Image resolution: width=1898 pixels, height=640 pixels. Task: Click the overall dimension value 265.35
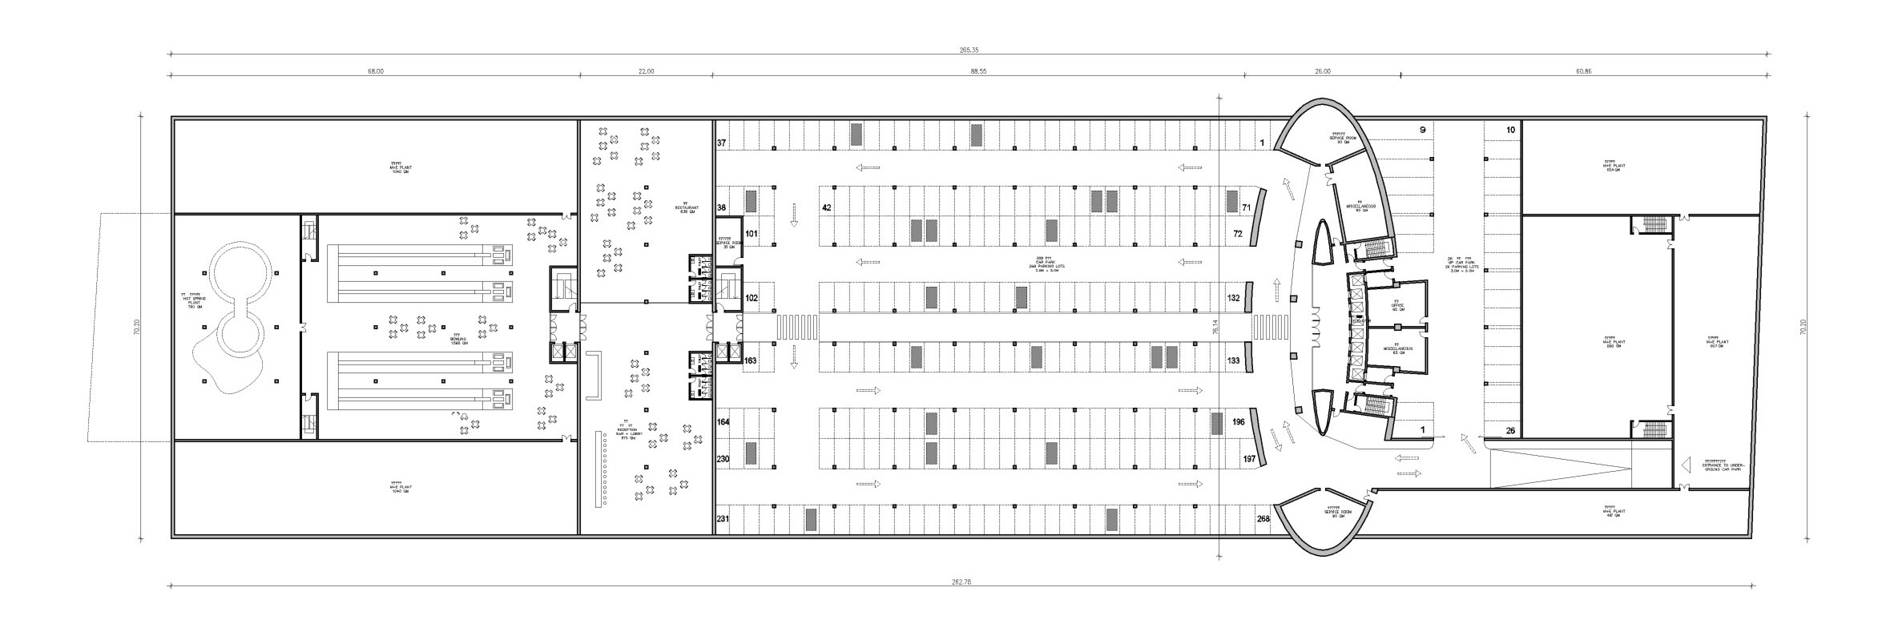tap(969, 50)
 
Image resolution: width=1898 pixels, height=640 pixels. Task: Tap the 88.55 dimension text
tap(978, 71)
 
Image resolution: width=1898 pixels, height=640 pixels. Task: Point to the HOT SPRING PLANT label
tap(192, 300)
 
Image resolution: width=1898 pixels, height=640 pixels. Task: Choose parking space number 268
tap(1263, 518)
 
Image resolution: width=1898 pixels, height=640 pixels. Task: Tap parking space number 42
tap(826, 207)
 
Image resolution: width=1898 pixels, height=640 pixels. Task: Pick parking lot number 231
tap(723, 518)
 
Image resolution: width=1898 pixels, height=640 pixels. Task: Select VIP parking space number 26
tap(1510, 431)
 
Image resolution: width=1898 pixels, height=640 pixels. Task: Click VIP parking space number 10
tap(1510, 130)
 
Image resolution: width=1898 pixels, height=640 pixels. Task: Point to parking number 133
tap(1233, 361)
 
